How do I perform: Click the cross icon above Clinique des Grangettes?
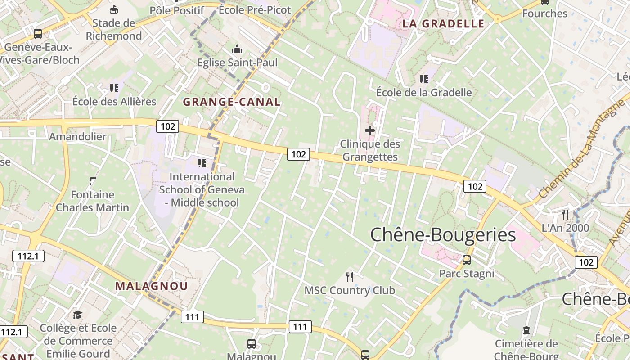click(x=370, y=130)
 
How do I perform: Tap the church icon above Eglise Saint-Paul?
click(x=237, y=49)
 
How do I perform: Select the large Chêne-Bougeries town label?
click(x=443, y=235)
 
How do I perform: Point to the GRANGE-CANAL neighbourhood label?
click(x=232, y=102)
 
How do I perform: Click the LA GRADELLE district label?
click(x=443, y=24)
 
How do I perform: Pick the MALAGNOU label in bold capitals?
click(x=152, y=286)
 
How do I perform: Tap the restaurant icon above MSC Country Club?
click(x=350, y=276)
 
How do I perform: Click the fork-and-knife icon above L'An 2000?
click(x=565, y=214)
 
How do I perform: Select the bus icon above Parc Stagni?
click(x=467, y=260)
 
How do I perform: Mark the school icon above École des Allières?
click(x=114, y=88)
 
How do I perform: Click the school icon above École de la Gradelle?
click(x=424, y=79)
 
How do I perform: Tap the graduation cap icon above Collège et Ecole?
click(x=78, y=314)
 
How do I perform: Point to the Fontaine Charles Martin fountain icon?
click(x=93, y=181)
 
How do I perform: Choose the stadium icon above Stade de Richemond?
click(x=114, y=9)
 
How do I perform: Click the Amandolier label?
click(x=78, y=137)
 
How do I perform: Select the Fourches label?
click(x=544, y=13)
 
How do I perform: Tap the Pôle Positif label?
click(x=177, y=10)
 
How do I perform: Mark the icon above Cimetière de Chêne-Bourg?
click(x=526, y=331)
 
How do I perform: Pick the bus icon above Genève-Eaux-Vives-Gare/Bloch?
click(x=38, y=33)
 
